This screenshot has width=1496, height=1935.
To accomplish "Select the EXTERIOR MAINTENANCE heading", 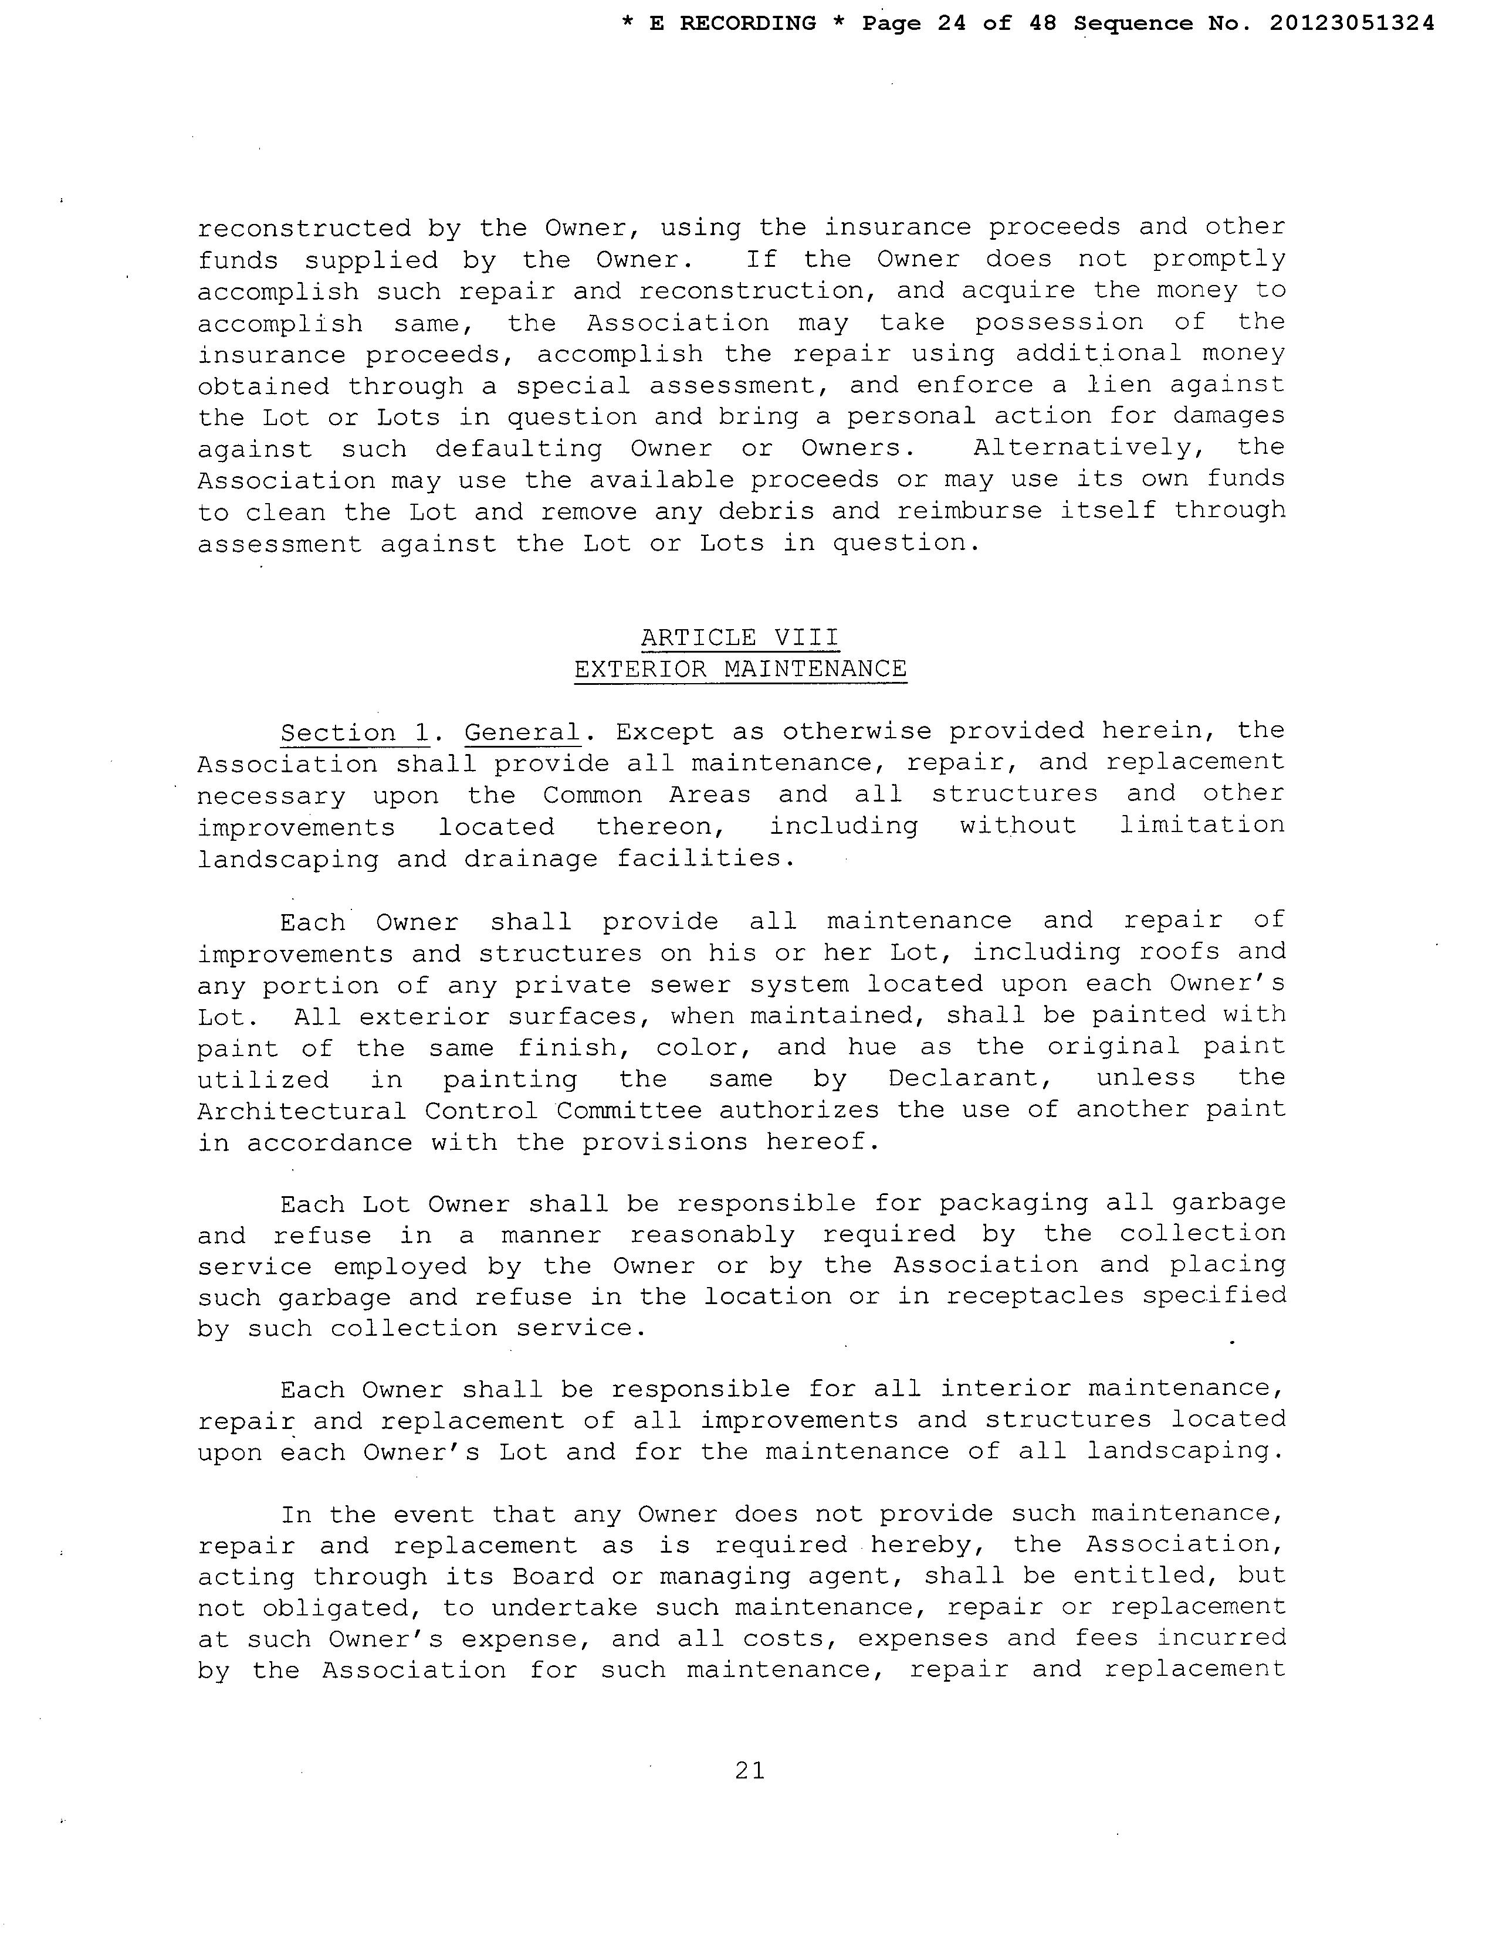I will pos(740,669).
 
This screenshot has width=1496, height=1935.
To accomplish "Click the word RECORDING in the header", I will pos(747,24).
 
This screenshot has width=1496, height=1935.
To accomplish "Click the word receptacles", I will pos(1034,1296).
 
